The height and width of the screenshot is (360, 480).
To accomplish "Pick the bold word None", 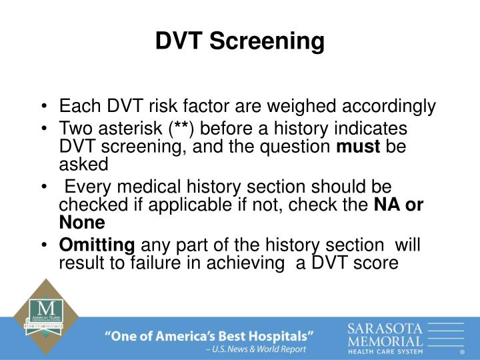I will (82, 223).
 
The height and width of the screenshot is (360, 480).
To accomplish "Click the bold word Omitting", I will (97, 245).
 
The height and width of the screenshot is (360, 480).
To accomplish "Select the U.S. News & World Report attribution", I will (256, 349).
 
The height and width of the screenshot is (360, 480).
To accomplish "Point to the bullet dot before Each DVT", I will (44, 107).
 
